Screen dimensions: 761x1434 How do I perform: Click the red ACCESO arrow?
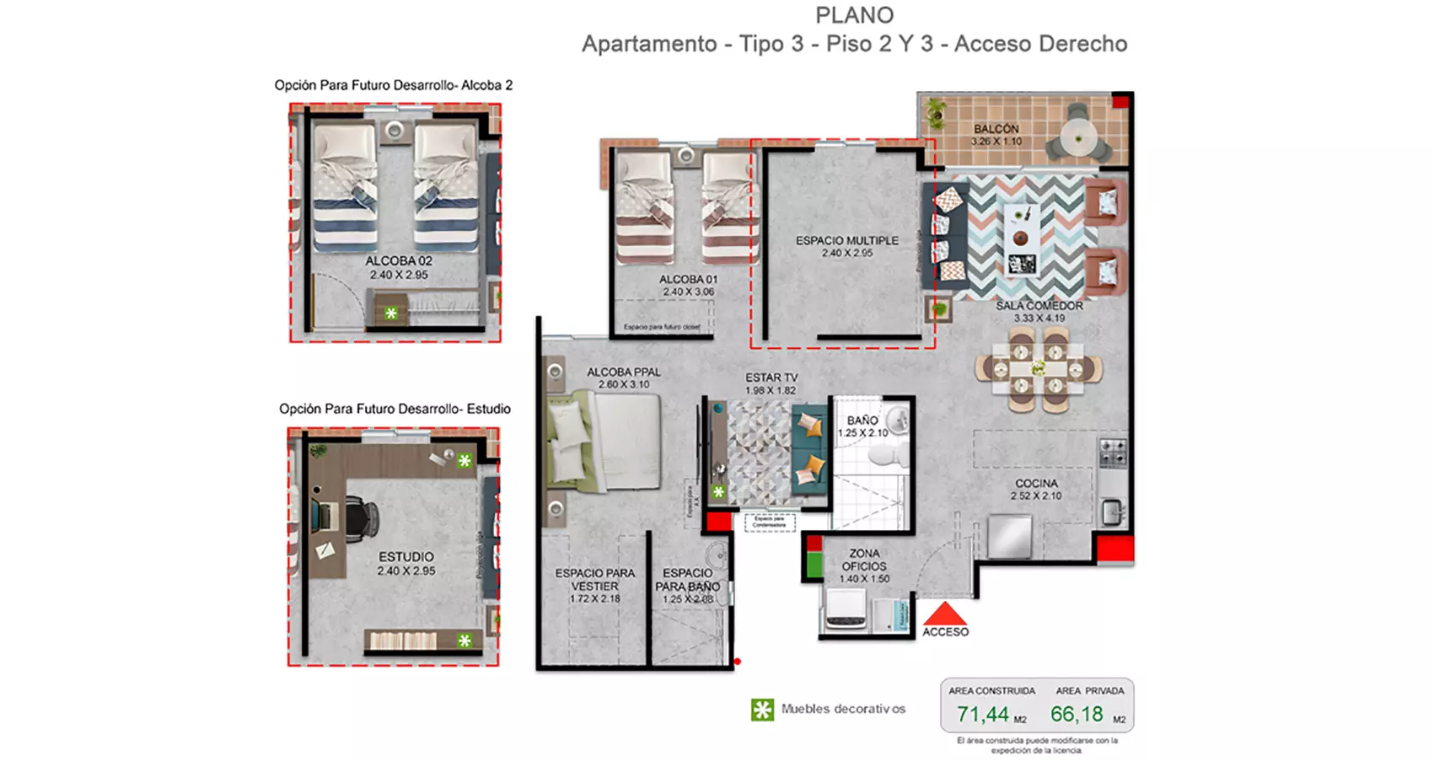pos(944,613)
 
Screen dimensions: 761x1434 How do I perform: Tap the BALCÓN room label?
pos(996,129)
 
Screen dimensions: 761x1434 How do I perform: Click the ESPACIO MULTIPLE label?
pos(846,240)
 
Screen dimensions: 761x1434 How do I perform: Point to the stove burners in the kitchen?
pos(1113,453)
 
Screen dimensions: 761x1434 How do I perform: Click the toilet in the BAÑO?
pos(886,456)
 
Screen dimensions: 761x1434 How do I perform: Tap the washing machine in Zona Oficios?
pos(846,608)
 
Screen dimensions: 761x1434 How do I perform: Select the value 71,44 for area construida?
pos(982,715)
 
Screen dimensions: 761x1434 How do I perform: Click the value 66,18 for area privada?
pos(1077,715)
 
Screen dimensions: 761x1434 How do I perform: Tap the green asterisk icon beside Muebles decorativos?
pos(762,710)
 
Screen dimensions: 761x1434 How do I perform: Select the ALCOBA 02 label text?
pos(398,261)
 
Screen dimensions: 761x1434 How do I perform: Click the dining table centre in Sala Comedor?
pos(1038,368)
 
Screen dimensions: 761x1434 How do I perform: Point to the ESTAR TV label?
pos(771,378)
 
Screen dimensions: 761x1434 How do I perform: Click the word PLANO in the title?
pos(854,15)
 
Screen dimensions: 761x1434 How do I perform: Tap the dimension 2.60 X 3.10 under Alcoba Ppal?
pos(624,384)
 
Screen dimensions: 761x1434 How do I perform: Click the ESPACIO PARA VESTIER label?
pos(594,579)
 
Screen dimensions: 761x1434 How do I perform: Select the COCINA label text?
pos(1036,483)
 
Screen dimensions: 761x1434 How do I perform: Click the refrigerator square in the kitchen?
pos(1009,536)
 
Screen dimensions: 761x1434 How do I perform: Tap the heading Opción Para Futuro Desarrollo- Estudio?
pos(395,409)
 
